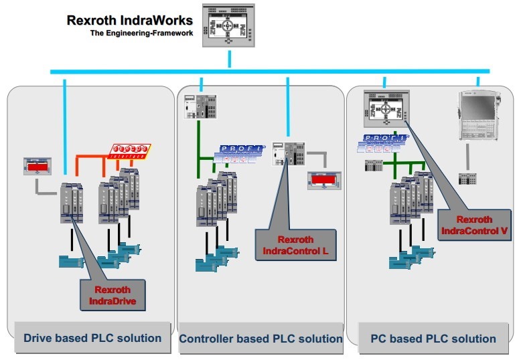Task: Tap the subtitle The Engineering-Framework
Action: tap(143, 33)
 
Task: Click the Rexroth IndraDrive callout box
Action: tap(113, 295)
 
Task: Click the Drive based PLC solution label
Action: tap(92, 338)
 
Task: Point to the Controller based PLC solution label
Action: tap(260, 339)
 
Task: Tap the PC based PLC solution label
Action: tap(433, 339)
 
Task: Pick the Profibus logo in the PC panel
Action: tap(386, 145)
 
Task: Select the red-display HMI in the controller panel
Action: tap(323, 180)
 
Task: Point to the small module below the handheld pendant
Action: tap(467, 179)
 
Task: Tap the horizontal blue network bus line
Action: tap(268, 71)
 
